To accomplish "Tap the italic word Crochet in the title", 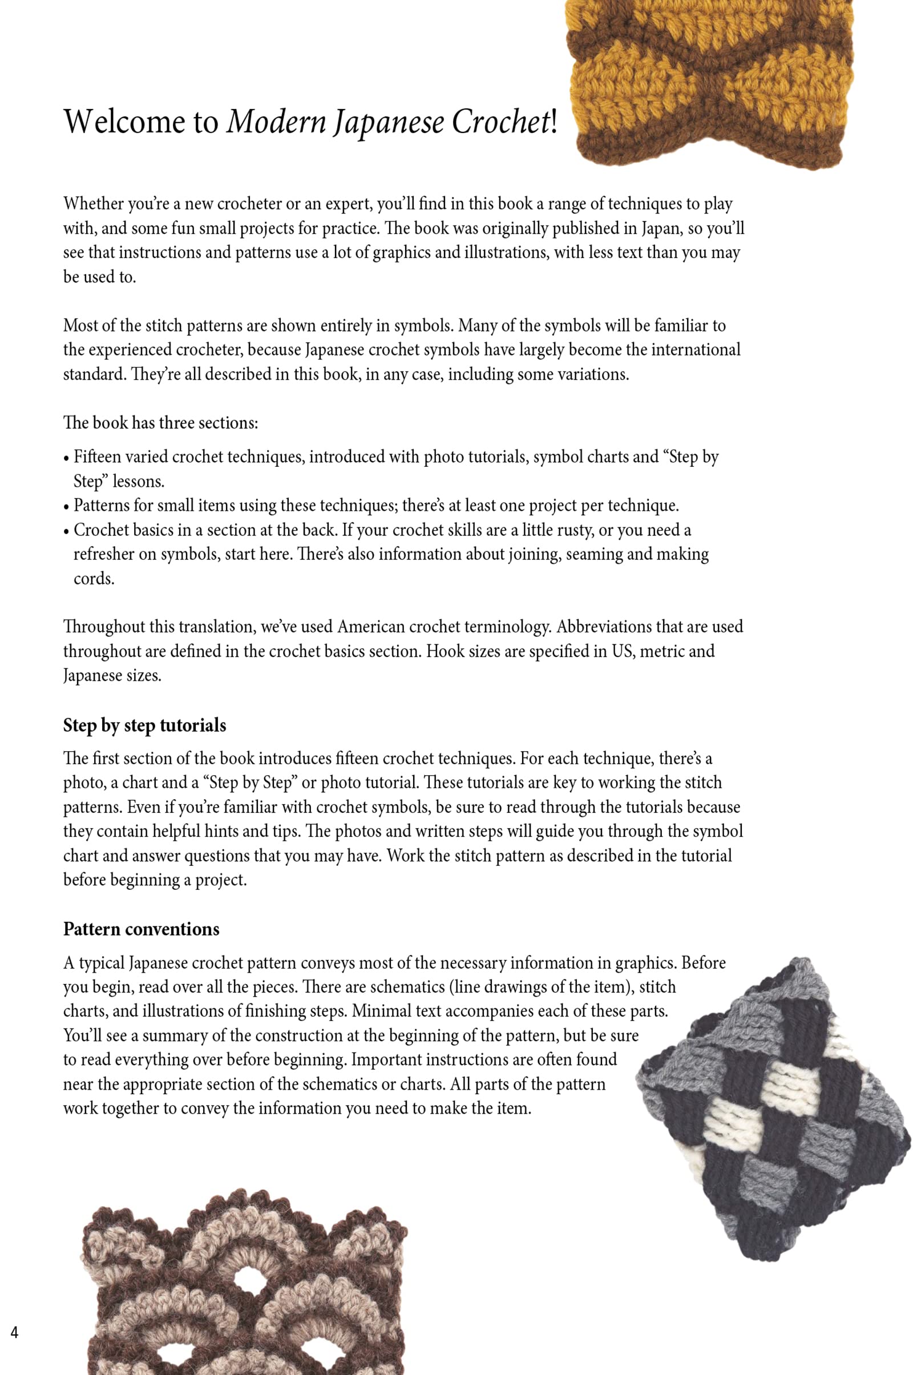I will tap(500, 122).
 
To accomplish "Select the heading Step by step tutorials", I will tap(144, 725).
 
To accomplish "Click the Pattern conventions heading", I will tap(141, 929).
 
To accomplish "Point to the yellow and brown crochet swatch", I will tap(709, 82).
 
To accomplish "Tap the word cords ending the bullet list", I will tap(93, 579).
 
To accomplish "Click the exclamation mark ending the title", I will tap(554, 122).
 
